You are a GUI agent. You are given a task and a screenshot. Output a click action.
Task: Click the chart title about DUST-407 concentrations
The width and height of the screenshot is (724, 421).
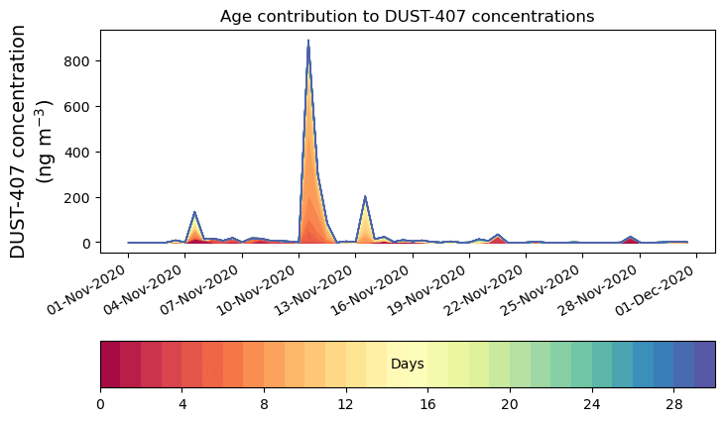coord(407,16)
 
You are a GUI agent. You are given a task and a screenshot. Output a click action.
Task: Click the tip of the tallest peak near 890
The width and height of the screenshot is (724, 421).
coord(308,42)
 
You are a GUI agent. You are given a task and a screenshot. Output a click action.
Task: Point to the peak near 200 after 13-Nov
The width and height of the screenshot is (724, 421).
coord(365,197)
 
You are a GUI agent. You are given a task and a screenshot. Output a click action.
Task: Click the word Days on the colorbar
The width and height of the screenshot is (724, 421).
coord(408,365)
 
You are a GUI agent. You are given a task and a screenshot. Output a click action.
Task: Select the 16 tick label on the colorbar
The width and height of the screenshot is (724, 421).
coord(428,405)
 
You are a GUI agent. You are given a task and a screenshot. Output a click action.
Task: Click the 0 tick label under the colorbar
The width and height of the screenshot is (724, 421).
coord(100,405)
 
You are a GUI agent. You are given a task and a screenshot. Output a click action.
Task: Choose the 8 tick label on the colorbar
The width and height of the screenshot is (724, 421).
coord(264,405)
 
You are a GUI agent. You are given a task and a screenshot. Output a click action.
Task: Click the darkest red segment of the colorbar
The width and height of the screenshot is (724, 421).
coord(110,365)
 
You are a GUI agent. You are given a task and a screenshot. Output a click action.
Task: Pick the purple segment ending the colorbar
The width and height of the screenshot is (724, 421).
coord(705,365)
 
